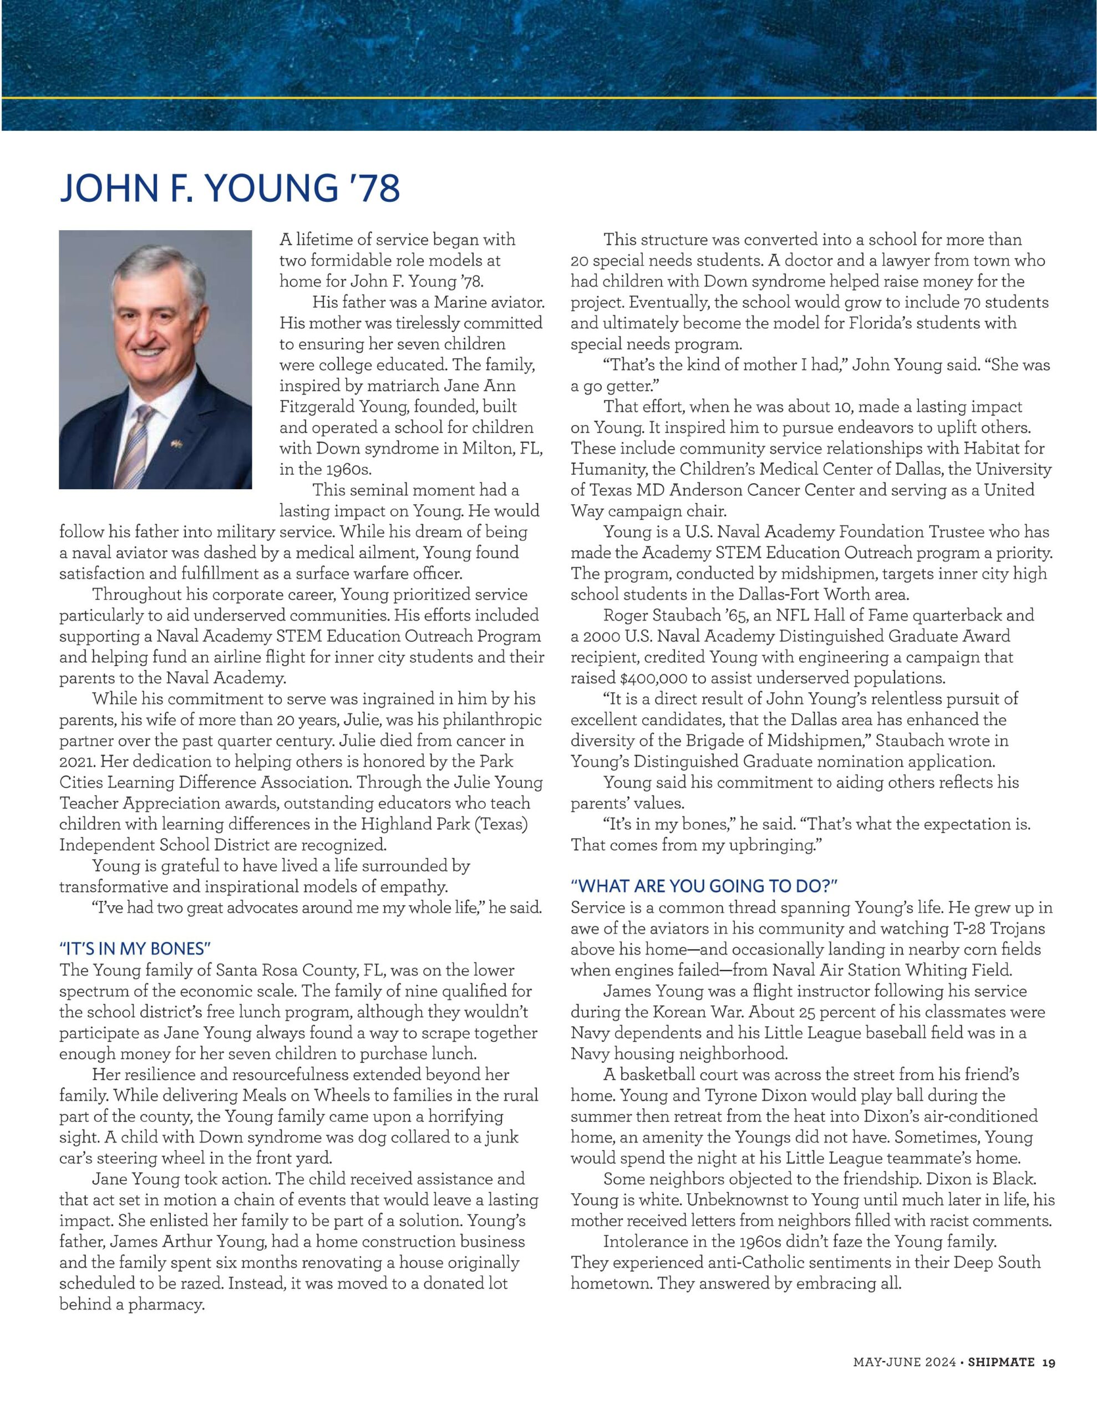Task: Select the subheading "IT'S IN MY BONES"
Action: click(135, 949)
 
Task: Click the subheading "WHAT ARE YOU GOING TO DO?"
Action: click(704, 886)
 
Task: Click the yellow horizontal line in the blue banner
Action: click(548, 98)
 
